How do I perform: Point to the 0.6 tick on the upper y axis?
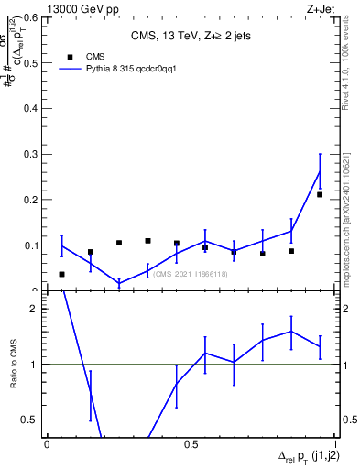point(34,16)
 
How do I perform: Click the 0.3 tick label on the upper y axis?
point(34,154)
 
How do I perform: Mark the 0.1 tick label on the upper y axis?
point(34,245)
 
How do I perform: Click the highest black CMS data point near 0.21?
point(320,194)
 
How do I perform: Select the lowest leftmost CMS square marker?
point(62,274)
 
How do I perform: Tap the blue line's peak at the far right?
point(320,171)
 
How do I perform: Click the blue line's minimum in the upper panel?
point(119,283)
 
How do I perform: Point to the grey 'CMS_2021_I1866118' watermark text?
point(191,274)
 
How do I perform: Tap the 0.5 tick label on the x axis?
point(191,443)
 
